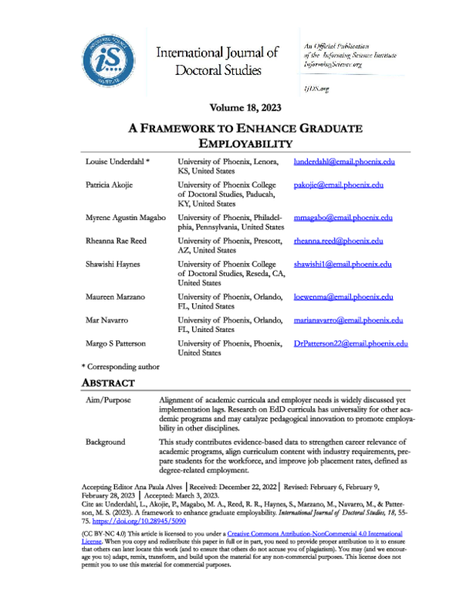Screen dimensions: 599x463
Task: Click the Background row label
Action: click(x=107, y=443)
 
